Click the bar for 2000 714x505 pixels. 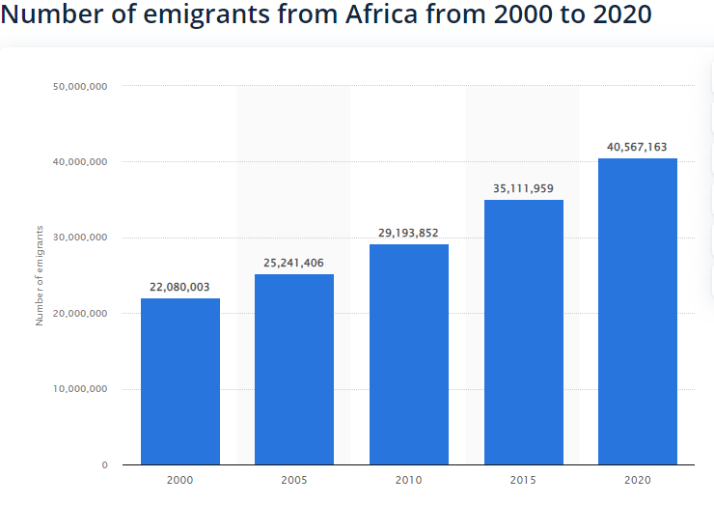[x=180, y=381]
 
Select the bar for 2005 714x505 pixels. [x=294, y=370]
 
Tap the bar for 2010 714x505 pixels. [x=409, y=354]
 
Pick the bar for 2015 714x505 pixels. [x=523, y=332]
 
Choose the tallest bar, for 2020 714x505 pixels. [x=637, y=311]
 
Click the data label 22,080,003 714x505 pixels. [x=180, y=287]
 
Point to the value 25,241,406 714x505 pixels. [x=294, y=263]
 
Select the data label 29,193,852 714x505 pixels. [x=409, y=233]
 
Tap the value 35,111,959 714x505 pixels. [x=523, y=188]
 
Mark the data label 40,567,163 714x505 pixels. [x=637, y=147]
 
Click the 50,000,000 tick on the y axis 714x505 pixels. [x=80, y=86]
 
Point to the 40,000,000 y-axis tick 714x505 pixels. [x=80, y=162]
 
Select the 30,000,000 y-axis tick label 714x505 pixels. [x=80, y=238]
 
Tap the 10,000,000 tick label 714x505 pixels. [x=80, y=389]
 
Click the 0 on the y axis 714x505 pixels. [x=104, y=465]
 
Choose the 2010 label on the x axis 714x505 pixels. [x=409, y=479]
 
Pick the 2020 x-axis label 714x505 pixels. [x=637, y=479]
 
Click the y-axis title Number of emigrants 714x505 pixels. [x=40, y=275]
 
